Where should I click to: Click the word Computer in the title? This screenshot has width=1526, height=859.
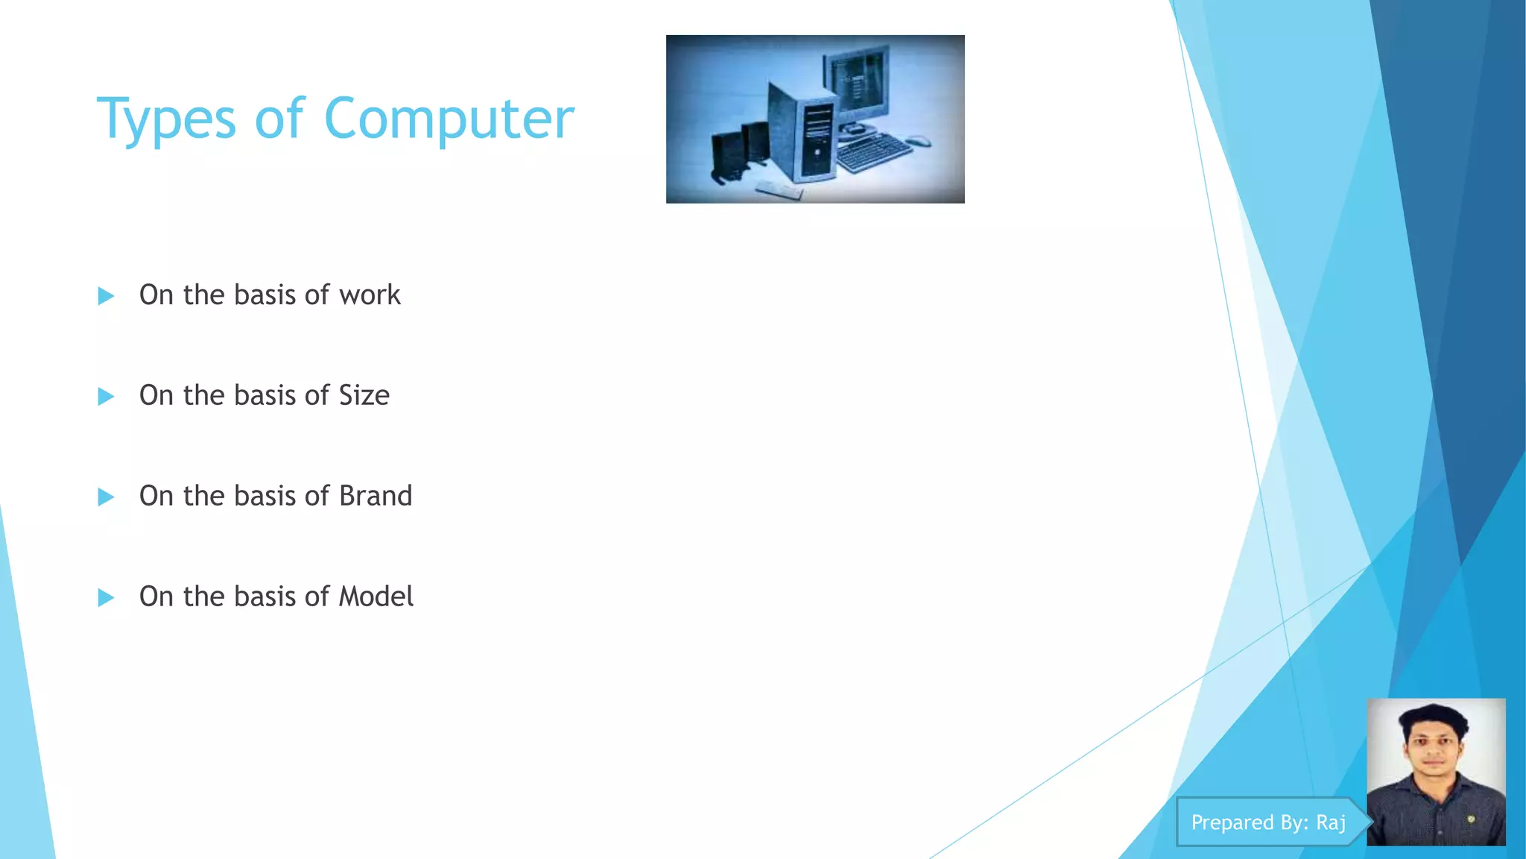pyautogui.click(x=449, y=119)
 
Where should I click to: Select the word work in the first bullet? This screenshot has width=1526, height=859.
pyautogui.click(x=370, y=295)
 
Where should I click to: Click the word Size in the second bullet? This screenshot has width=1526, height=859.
pyautogui.click(x=364, y=395)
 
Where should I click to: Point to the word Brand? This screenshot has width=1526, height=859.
pyautogui.click(x=376, y=496)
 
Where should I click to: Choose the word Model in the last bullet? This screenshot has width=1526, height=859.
pyautogui.click(x=376, y=597)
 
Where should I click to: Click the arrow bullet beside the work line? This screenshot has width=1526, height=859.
pyautogui.click(x=106, y=296)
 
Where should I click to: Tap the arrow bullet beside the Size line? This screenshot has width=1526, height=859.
pyautogui.click(x=106, y=397)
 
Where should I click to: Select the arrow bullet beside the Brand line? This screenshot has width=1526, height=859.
pyautogui.click(x=106, y=497)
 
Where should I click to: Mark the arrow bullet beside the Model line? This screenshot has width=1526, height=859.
pyautogui.click(x=106, y=598)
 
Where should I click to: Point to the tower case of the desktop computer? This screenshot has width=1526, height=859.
pyautogui.click(x=803, y=134)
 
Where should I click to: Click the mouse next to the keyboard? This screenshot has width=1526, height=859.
pyautogui.click(x=919, y=140)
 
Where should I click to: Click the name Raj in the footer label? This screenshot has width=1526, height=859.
pyautogui.click(x=1331, y=822)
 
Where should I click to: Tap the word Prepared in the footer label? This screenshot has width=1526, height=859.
pyautogui.click(x=1232, y=822)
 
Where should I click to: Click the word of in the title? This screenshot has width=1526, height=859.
pyautogui.click(x=279, y=119)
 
